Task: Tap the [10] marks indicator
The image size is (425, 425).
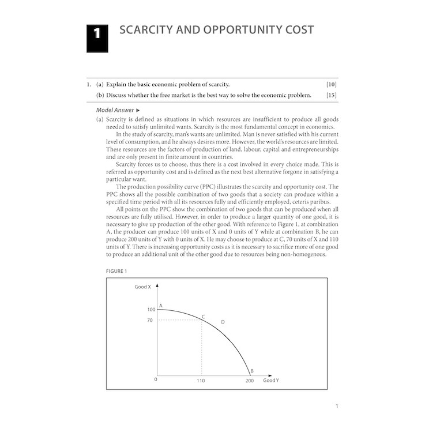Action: [x=331, y=84]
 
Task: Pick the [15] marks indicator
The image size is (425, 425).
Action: [x=331, y=95]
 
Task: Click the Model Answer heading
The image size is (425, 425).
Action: [x=115, y=110]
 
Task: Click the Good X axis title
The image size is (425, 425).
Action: [x=142, y=286]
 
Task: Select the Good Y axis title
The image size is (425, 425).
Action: [x=271, y=381]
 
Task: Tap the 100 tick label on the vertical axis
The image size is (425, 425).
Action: [x=152, y=310]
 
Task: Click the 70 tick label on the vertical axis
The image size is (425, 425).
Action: [x=151, y=320]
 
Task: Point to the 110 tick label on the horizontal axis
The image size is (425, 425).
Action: [x=201, y=381]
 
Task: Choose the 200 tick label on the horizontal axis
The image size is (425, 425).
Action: [x=249, y=381]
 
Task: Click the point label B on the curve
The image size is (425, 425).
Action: [x=252, y=371]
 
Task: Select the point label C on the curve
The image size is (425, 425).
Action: [x=203, y=317]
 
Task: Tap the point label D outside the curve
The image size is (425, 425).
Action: [x=223, y=322]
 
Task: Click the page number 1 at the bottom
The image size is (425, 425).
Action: [x=337, y=407]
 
